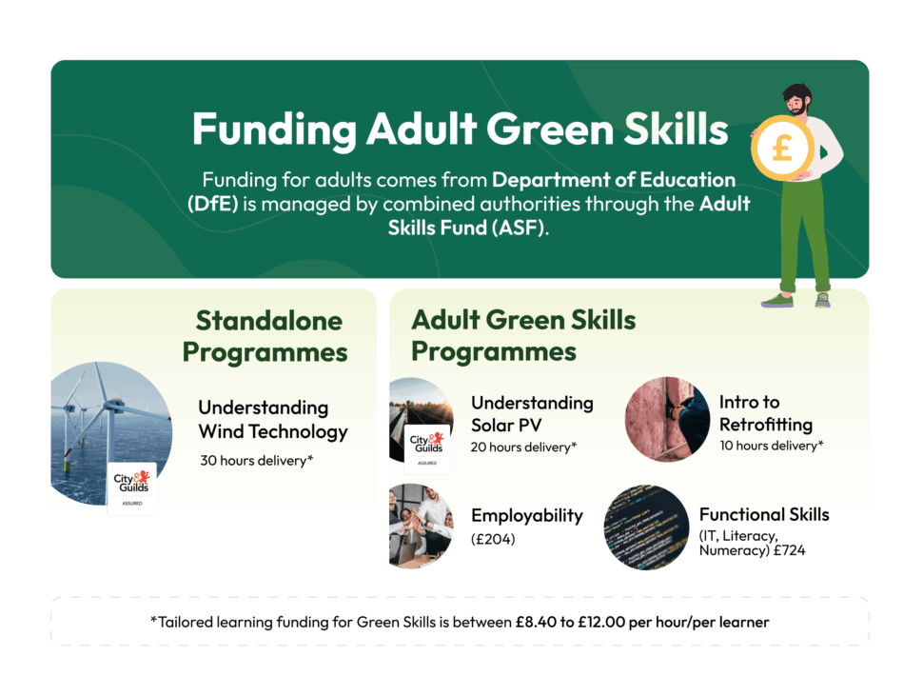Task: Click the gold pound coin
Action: click(x=782, y=149)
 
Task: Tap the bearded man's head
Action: click(x=797, y=99)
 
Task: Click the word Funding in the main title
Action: click(x=274, y=129)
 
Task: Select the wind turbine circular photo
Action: click(x=111, y=433)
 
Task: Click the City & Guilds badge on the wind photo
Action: click(x=132, y=488)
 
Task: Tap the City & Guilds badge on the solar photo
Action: click(x=427, y=448)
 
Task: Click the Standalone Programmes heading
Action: click(x=265, y=337)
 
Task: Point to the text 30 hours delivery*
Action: click(x=257, y=461)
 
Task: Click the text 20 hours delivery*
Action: click(x=523, y=447)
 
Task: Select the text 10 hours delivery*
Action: click(x=771, y=446)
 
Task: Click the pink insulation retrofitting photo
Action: click(x=668, y=419)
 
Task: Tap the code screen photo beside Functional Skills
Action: click(x=646, y=527)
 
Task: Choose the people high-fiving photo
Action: click(x=422, y=526)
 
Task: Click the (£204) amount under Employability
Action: click(x=493, y=539)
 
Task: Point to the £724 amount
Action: click(x=790, y=550)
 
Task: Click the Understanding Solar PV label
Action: click(x=532, y=414)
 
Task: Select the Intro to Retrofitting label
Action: click(x=766, y=413)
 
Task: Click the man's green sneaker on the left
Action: click(x=777, y=301)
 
